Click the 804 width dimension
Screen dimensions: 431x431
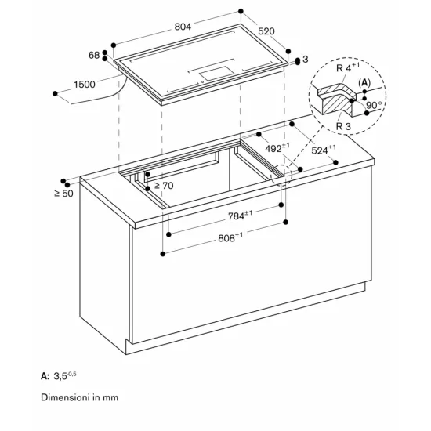coord(182,26)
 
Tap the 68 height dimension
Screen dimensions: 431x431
coord(94,55)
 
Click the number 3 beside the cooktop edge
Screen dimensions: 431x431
coord(305,60)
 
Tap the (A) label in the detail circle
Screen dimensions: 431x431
coord(364,83)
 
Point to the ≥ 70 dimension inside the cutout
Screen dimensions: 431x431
coord(163,185)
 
